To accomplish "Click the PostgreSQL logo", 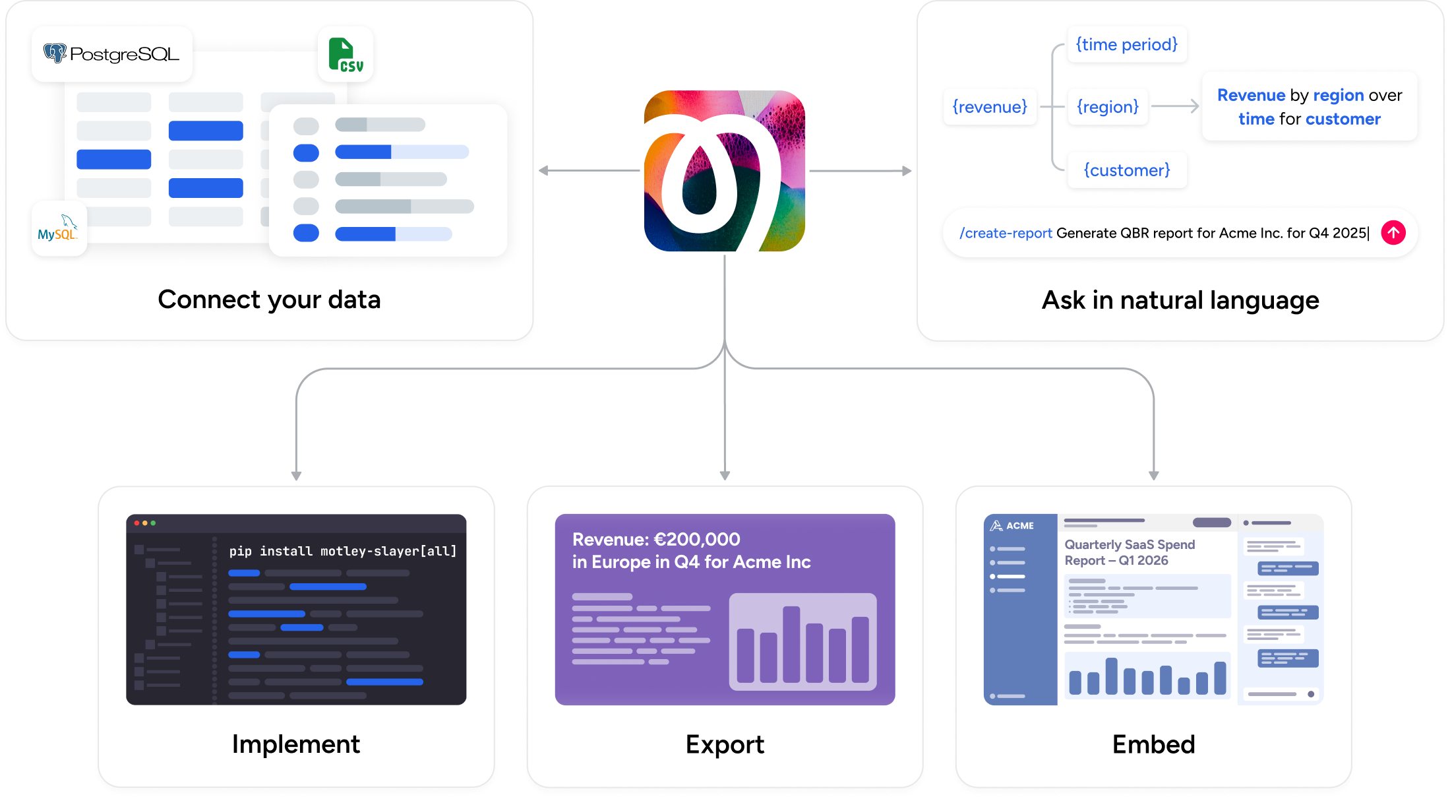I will [111, 54].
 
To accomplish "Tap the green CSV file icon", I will [346, 55].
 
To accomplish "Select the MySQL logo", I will [58, 228].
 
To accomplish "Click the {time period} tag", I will [1126, 45].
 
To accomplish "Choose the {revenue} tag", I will [990, 107].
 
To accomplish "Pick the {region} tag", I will [1108, 107].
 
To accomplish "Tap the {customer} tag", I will [1127, 170].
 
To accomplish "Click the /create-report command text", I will [1006, 233].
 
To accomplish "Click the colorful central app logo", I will [725, 171].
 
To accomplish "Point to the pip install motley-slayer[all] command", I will [343, 551].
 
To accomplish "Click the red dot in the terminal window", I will [136, 523].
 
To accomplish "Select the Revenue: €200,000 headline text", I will [656, 540].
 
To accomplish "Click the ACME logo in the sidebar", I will [1012, 526].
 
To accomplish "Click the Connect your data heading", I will [269, 300].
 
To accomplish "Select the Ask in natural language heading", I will [1180, 300].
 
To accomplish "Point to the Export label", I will [725, 744].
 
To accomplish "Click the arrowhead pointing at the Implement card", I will [296, 476].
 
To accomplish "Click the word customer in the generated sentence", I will [1343, 119].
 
